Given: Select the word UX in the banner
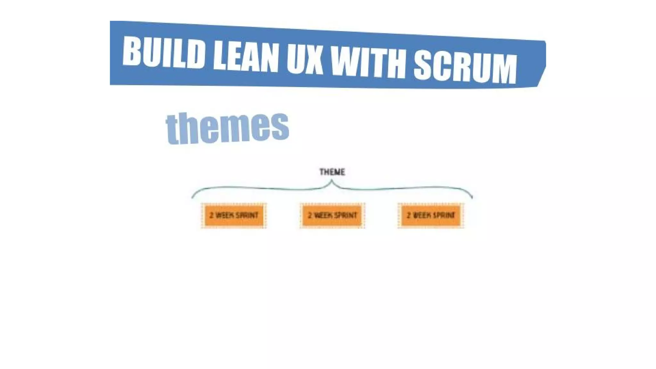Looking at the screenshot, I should [x=305, y=60].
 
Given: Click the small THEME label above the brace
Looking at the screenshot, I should [x=332, y=172].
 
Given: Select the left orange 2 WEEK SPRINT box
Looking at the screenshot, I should [x=234, y=215].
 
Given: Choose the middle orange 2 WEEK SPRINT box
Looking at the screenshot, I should [x=332, y=215].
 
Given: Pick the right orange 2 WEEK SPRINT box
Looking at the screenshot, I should [x=430, y=215].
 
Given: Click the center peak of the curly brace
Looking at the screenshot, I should [x=332, y=181].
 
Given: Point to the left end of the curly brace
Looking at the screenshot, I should [x=193, y=197].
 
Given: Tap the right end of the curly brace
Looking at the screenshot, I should [x=471, y=197].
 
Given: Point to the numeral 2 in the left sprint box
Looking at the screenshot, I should [x=211, y=215].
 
